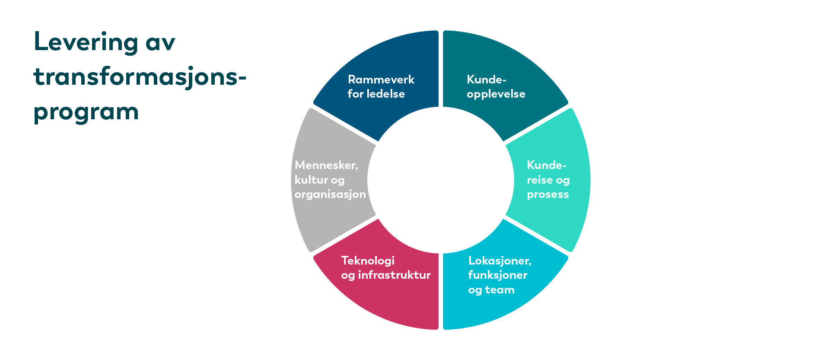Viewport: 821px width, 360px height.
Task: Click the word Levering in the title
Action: coord(86,42)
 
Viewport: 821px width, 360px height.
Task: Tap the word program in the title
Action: coord(86,112)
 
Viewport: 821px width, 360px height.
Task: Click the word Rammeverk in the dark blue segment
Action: coord(381,80)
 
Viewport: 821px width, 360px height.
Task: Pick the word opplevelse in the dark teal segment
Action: coord(496,94)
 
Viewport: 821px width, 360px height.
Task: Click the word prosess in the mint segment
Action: coord(547,195)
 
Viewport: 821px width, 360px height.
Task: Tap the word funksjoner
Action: coord(498,275)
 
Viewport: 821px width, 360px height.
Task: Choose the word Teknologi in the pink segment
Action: coord(368,261)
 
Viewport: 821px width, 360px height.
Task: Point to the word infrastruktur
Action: coord(394,275)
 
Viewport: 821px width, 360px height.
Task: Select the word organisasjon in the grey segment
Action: coord(330,194)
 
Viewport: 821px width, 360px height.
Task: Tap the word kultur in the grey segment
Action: coord(309,180)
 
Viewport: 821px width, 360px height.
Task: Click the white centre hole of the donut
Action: coord(441,180)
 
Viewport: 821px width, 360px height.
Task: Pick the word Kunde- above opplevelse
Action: coord(487,80)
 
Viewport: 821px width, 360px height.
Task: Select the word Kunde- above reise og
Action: coord(547,165)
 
